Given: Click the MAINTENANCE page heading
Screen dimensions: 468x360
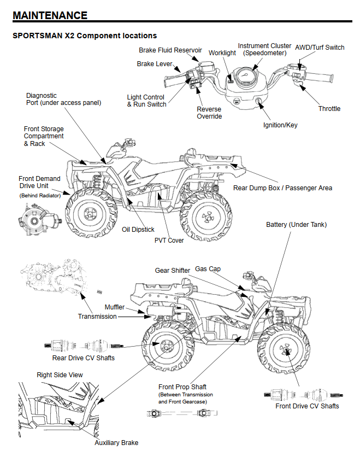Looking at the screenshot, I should point(50,15).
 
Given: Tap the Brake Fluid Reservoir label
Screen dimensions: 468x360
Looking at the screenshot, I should point(170,50).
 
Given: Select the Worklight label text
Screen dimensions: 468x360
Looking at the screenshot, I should point(222,53).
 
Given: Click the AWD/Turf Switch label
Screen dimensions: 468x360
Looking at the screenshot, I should point(320,48).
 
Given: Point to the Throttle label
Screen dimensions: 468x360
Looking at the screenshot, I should point(329,109).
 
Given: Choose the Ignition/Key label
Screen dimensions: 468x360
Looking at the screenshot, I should point(280,125).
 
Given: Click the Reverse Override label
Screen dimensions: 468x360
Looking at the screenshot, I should point(209,113).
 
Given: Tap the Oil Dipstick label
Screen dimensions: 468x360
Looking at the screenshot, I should point(138,230).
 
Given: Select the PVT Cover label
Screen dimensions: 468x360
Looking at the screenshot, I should point(169,240).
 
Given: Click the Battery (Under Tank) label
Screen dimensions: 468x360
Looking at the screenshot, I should point(296,225).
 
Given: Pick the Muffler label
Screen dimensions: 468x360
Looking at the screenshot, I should point(115,307).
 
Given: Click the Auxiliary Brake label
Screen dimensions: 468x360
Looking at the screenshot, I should point(116,442).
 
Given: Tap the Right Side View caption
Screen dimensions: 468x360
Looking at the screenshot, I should point(60,375).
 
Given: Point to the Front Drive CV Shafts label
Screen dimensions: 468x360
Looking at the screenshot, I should point(307,406).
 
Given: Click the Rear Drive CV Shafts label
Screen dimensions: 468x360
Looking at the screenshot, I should point(84,358).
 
